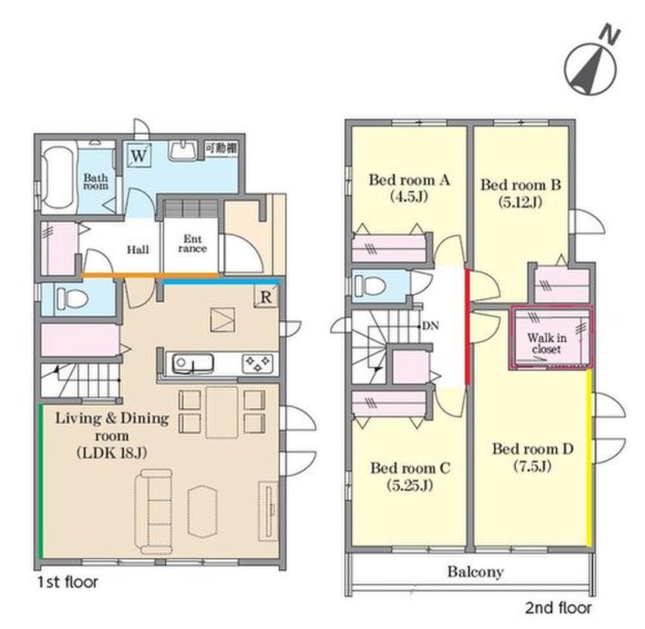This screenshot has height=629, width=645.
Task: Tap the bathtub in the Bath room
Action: coord(58,178)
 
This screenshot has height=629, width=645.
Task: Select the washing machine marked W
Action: coord(139,155)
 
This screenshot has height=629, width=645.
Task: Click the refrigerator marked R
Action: coord(266,296)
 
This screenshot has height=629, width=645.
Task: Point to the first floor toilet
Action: coord(72,299)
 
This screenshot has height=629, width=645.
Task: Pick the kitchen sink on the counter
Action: coord(193,364)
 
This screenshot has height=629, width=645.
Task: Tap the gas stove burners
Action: coord(257,364)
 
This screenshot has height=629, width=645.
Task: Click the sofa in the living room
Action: coord(153,511)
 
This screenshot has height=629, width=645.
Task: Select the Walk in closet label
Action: coord(547,344)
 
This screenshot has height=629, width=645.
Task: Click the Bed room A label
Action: coord(409,188)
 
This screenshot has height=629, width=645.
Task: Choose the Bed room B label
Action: coord(520,193)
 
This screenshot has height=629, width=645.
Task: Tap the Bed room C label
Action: coord(410,476)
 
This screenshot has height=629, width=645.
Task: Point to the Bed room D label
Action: coord(533,457)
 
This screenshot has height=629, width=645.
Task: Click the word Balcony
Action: coord(475,572)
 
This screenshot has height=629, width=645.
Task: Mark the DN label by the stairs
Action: coord(431,326)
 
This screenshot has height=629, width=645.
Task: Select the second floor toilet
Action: coord(370,285)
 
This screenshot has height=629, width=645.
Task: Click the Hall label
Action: coord(137,249)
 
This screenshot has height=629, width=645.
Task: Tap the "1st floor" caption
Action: coord(68,582)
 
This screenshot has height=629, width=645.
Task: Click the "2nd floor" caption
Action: coord(559,608)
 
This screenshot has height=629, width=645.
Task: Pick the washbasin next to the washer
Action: coord(183,151)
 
